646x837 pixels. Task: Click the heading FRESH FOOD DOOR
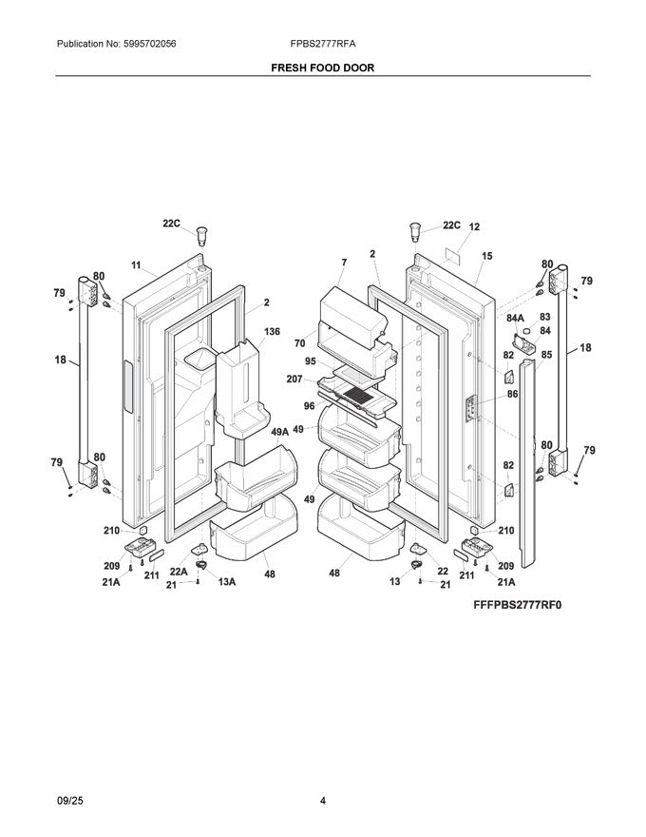click(322, 69)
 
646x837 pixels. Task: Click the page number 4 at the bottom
click(322, 800)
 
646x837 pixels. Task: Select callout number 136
click(272, 332)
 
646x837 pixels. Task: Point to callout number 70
click(299, 342)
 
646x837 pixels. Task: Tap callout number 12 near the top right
click(474, 227)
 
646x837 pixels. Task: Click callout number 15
click(486, 255)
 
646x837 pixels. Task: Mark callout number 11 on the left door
click(136, 264)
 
